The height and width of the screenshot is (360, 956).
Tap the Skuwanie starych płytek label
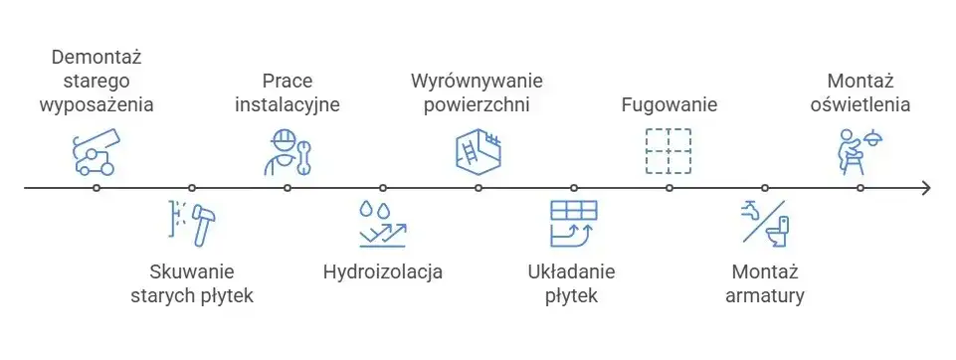tap(192, 283)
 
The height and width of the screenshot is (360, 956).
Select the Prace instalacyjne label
tap(287, 91)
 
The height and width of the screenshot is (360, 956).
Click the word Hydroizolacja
tap(383, 271)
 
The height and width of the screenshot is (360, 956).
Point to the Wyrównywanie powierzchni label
tap(478, 91)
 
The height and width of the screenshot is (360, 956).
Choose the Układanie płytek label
tap(573, 283)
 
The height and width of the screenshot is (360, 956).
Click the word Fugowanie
tap(669, 104)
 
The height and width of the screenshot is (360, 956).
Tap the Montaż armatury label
tap(765, 283)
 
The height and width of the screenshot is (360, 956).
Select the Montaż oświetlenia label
tap(860, 91)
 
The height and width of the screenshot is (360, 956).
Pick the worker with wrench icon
tap(287, 152)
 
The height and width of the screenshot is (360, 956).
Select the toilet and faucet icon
tap(765, 223)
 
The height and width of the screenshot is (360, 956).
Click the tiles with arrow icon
tap(573, 223)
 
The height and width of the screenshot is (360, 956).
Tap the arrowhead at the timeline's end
tap(925, 187)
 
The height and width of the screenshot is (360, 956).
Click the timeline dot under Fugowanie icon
tap(669, 187)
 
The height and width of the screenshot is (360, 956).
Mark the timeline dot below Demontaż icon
tap(96, 187)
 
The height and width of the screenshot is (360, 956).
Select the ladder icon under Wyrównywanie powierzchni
tap(478, 151)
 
